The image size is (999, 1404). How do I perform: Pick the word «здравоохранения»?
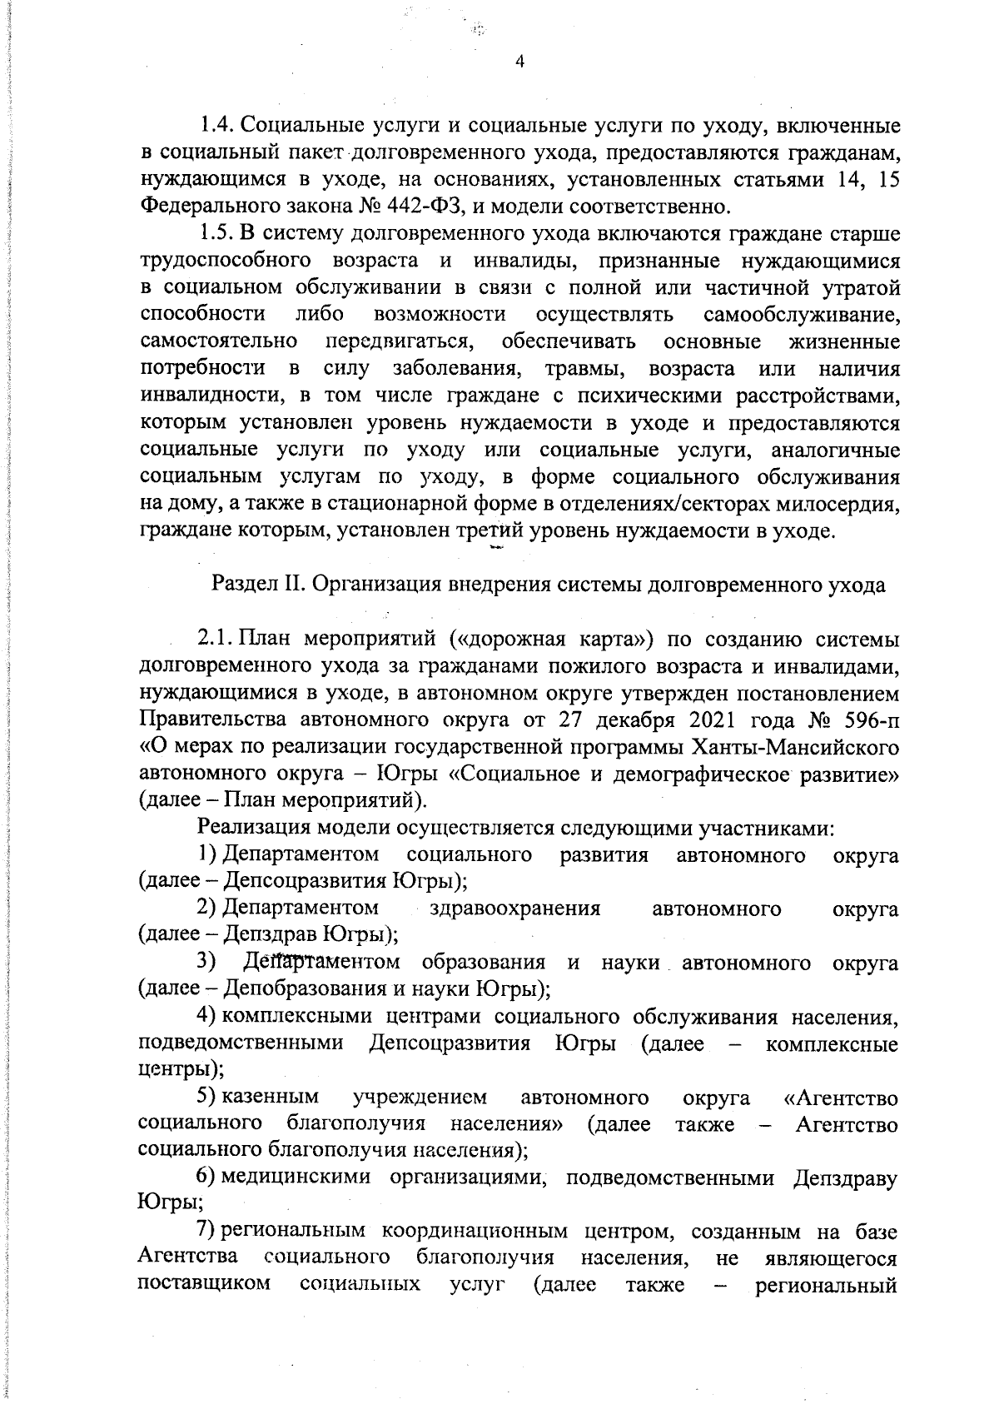(x=515, y=908)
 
